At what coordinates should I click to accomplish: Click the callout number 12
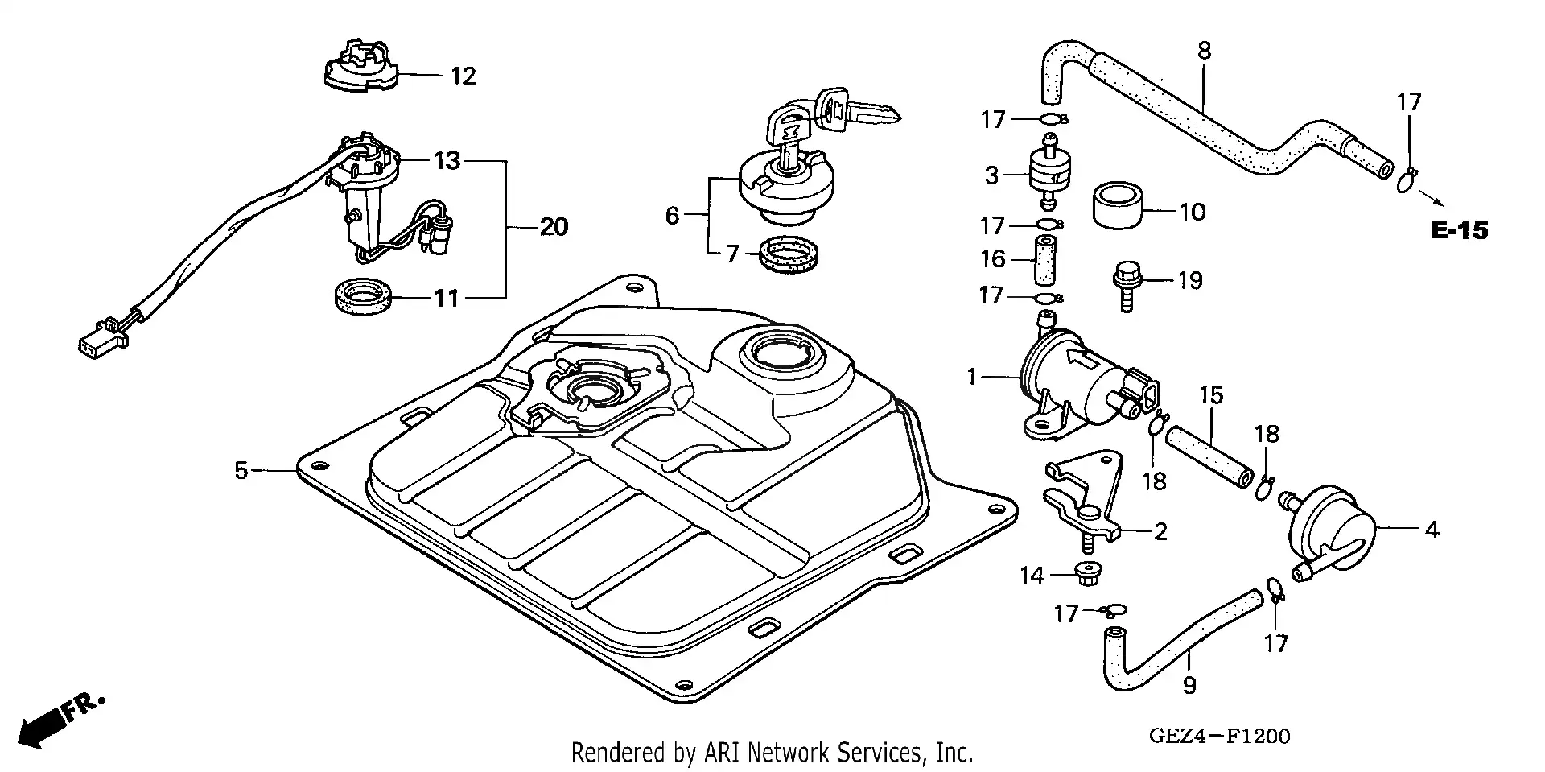pyautogui.click(x=463, y=76)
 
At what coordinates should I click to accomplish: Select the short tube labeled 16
pyautogui.click(x=1044, y=260)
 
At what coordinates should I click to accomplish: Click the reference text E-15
pyautogui.click(x=1459, y=231)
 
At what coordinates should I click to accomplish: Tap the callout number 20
pyautogui.click(x=554, y=228)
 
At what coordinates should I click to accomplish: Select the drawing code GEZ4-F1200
pyautogui.click(x=1220, y=736)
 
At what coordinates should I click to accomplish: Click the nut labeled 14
pyautogui.click(x=1087, y=575)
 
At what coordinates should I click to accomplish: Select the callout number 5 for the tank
pyautogui.click(x=241, y=470)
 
